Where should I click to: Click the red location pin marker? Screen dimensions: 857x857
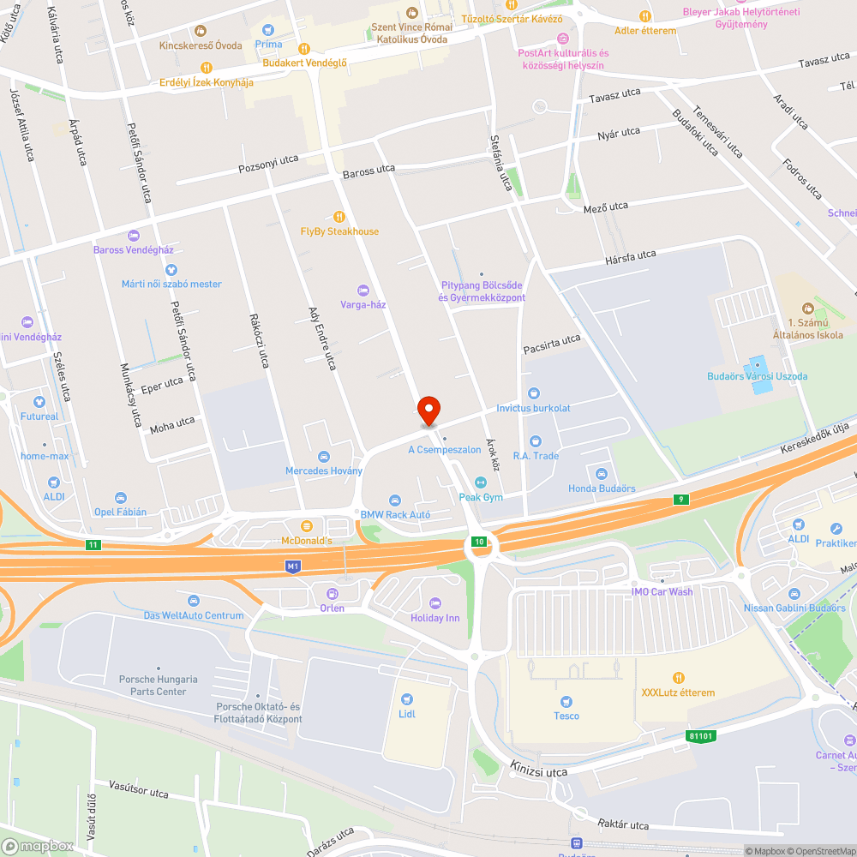[x=428, y=410]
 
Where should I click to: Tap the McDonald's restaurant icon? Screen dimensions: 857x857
[x=306, y=524]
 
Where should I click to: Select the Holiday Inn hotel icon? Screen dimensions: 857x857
[x=434, y=603]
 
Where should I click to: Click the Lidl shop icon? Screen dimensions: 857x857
[x=406, y=698]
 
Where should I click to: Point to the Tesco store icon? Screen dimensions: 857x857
[x=566, y=700]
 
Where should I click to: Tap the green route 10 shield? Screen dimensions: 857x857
[x=480, y=541]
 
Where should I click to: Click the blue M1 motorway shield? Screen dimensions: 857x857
[x=294, y=566]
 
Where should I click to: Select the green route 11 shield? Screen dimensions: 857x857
[x=93, y=544]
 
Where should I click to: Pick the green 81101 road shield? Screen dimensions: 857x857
[x=700, y=735]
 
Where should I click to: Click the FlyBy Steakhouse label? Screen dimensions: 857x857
[x=339, y=231]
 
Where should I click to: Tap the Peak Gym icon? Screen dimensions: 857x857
[x=480, y=482]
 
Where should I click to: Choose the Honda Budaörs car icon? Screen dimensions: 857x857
[x=602, y=474]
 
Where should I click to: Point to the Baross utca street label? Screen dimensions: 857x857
[x=369, y=173]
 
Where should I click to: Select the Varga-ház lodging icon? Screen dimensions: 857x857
[x=363, y=290]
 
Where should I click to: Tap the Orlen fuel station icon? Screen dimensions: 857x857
[x=332, y=593]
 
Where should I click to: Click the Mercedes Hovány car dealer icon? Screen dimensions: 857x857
[x=324, y=456]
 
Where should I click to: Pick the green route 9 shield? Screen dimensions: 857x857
[x=680, y=500]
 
